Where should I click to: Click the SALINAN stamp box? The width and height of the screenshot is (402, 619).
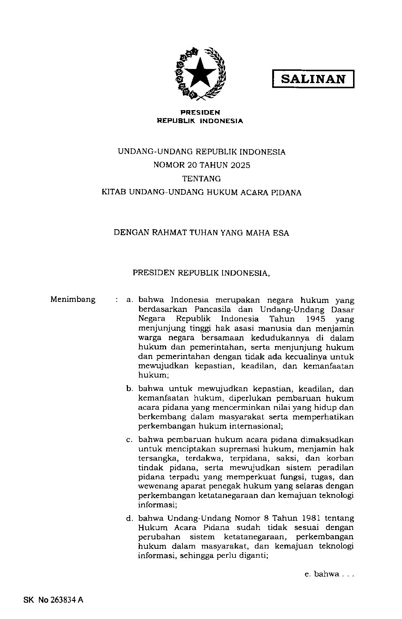click(x=313, y=79)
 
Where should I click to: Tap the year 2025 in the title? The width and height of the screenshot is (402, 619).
click(x=240, y=165)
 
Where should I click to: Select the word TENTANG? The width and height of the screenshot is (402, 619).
click(x=202, y=179)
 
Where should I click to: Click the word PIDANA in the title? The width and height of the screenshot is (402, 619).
click(x=286, y=192)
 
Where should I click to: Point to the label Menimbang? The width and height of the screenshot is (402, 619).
click(x=73, y=299)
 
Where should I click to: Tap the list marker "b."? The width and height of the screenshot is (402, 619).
click(x=129, y=389)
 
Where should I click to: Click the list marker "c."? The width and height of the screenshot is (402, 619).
click(x=129, y=440)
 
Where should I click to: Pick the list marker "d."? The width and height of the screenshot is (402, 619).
click(x=129, y=518)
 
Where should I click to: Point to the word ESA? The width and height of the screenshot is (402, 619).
click(x=281, y=233)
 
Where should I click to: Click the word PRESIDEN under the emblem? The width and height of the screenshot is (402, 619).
click(x=200, y=112)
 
